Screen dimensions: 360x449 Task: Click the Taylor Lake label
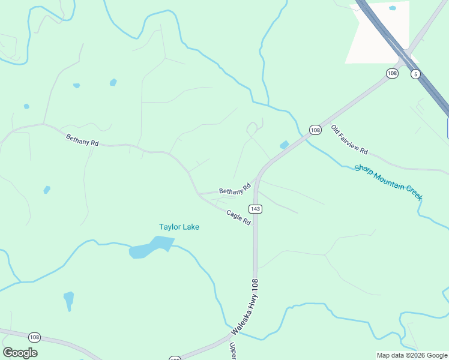[x=179, y=227]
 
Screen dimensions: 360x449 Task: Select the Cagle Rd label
[x=238, y=217]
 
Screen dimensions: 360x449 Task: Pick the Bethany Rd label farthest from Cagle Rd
[x=82, y=140]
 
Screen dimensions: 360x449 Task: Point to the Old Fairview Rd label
[x=349, y=139]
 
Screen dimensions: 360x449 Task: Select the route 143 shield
[x=256, y=209]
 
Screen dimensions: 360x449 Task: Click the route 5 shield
[x=415, y=74]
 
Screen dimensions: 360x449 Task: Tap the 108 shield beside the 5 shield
[x=392, y=73]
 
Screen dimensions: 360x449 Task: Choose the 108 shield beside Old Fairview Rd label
[x=316, y=130]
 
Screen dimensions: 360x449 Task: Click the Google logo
[x=20, y=353]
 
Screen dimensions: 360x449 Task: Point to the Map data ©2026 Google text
[x=412, y=355]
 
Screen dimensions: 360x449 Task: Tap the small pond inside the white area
[x=393, y=8]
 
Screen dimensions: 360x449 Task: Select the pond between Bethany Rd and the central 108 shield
[x=284, y=145]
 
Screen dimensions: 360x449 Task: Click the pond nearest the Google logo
[x=69, y=299]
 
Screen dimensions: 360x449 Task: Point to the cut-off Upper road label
[x=233, y=350]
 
